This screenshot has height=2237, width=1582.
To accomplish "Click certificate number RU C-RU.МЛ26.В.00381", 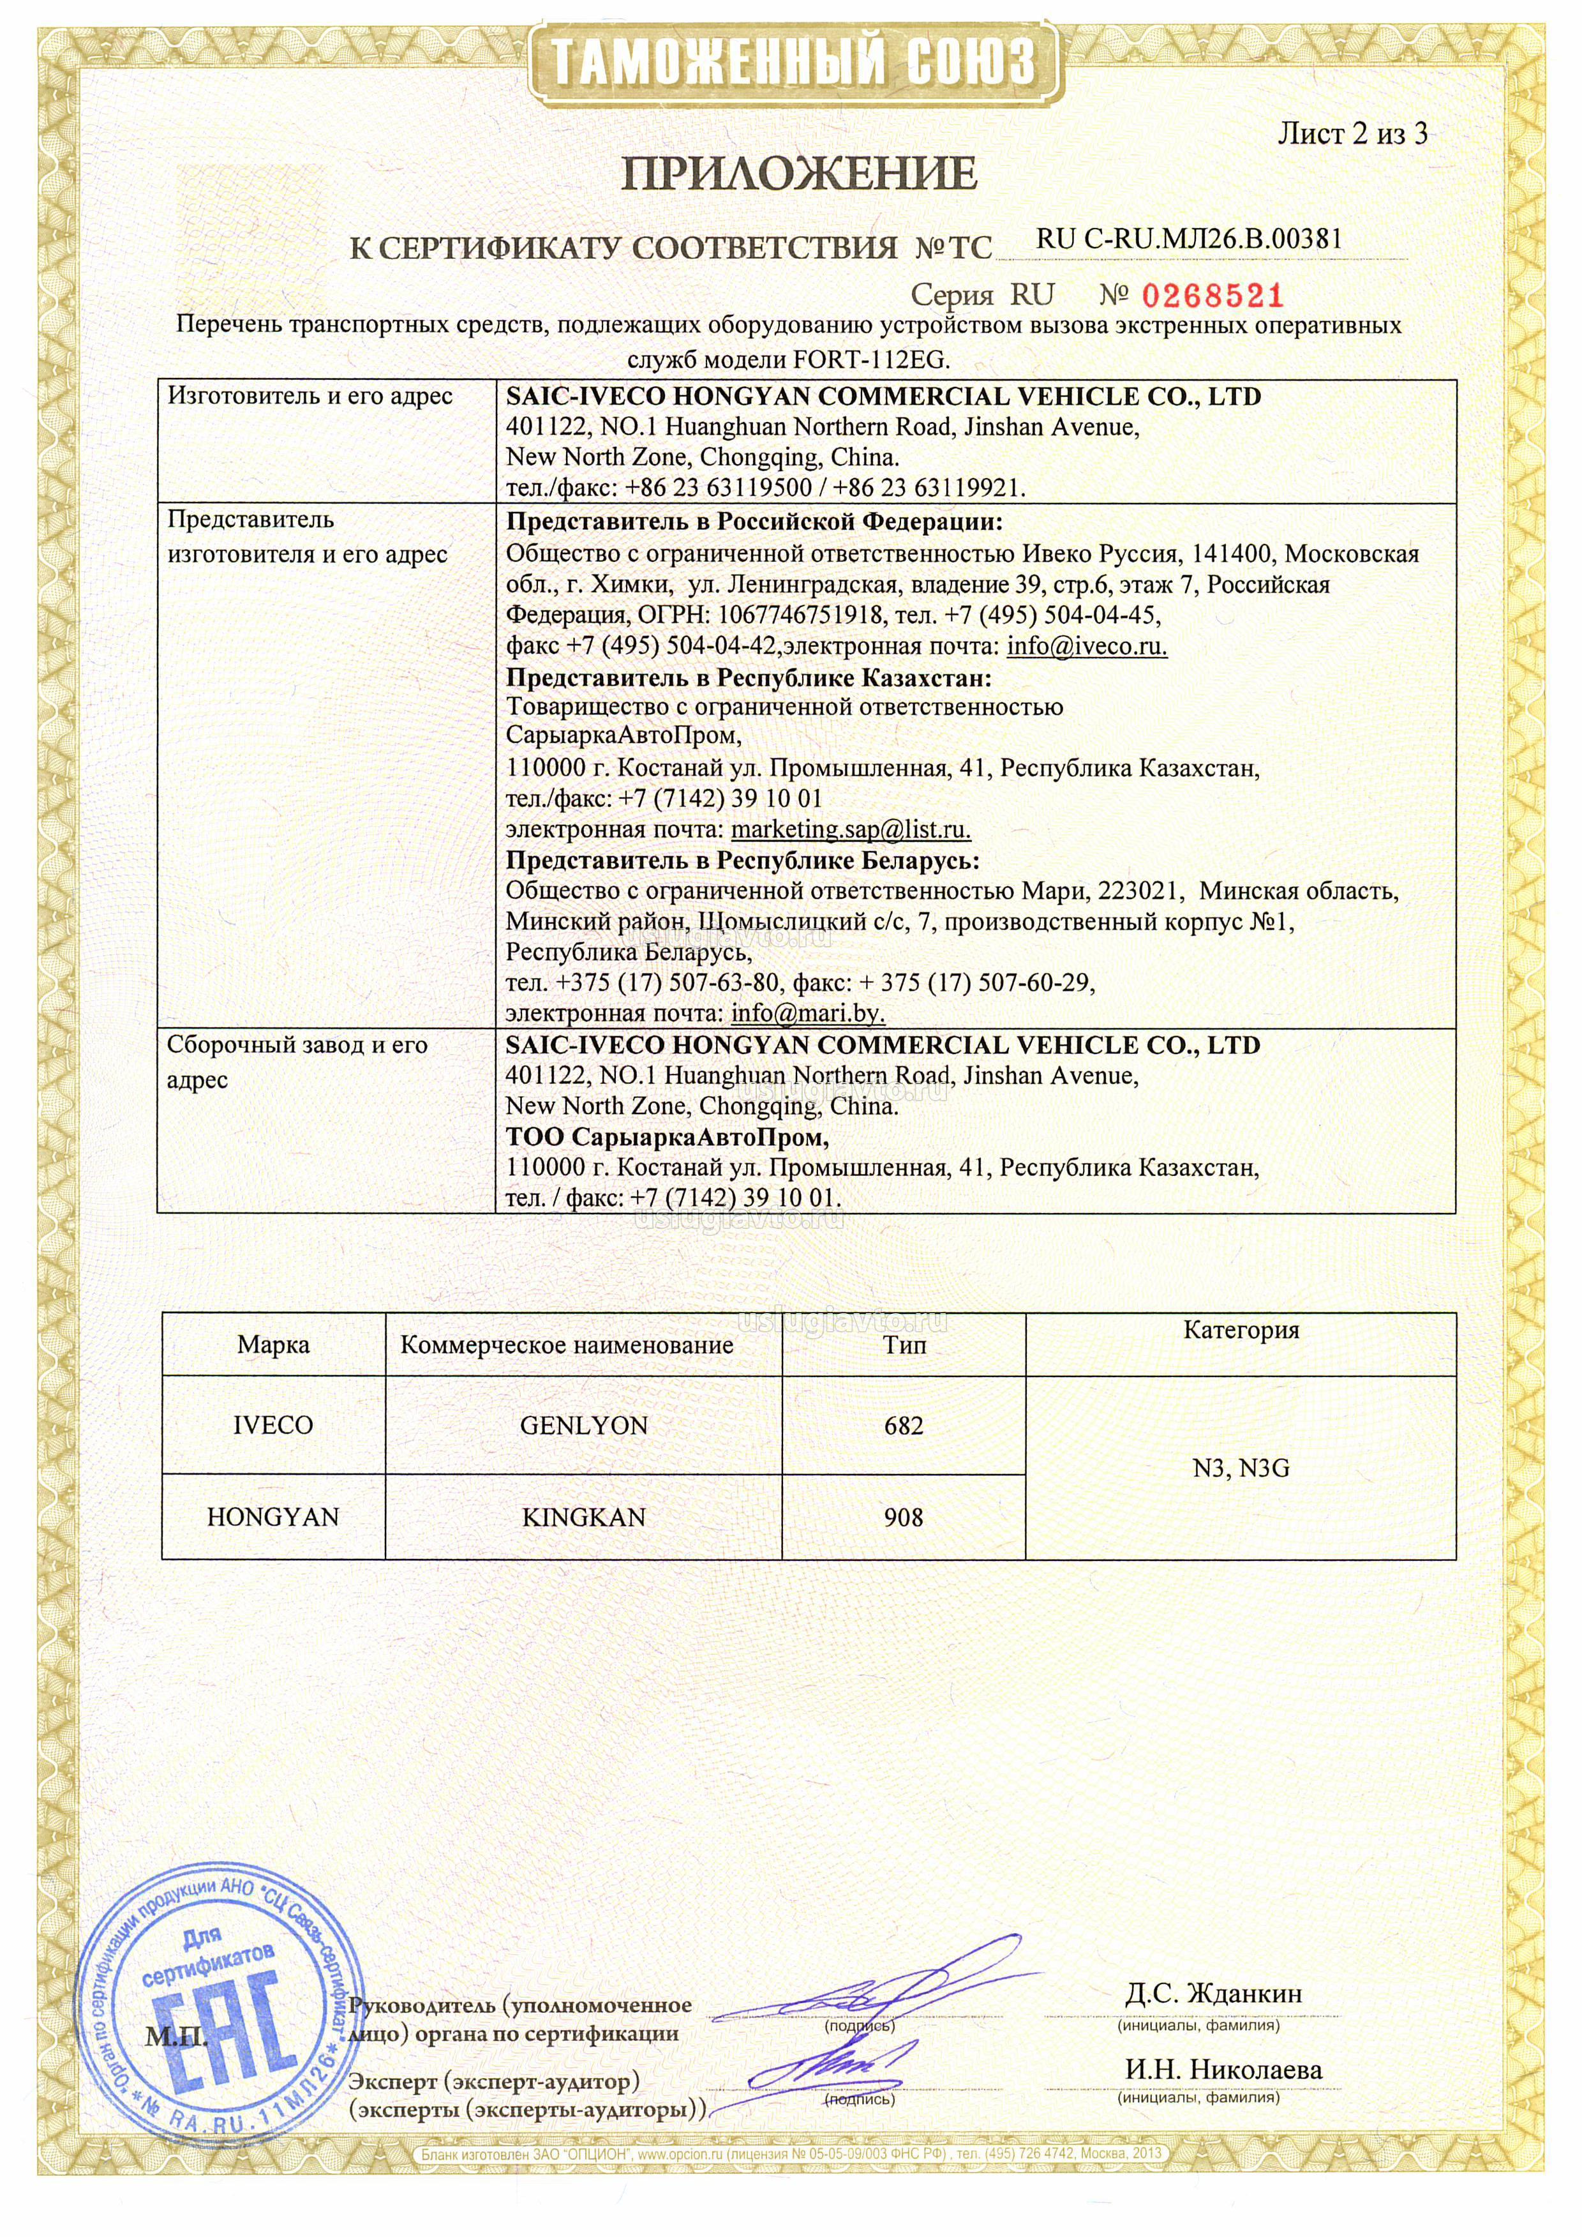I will [1188, 239].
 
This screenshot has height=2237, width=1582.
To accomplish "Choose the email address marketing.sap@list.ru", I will [851, 830].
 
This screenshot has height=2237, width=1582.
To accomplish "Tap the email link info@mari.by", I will [807, 1013].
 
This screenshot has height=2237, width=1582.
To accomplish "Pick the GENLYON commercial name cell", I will [583, 1426].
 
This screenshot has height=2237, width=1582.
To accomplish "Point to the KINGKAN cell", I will [583, 1517].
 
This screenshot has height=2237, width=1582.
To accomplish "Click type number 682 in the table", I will [903, 1426].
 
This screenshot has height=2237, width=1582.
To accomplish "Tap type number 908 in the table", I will [903, 1517].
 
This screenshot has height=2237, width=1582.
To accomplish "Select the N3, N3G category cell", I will [1240, 1468].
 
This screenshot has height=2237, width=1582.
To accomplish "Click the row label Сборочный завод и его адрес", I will [297, 1062].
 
